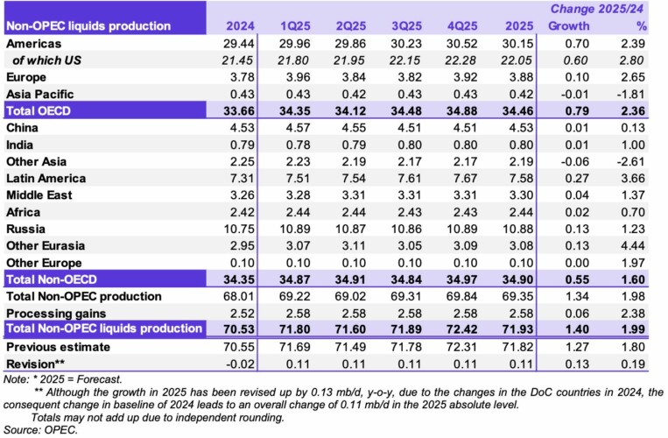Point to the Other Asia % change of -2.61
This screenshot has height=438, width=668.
coord(629,161)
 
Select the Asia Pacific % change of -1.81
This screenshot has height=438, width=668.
coord(629,94)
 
